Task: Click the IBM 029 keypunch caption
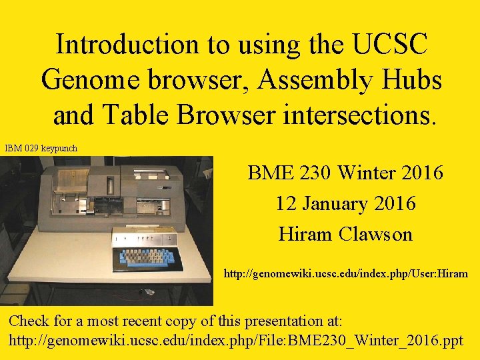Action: (41, 148)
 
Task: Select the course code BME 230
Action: (289, 173)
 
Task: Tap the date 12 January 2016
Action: (345, 203)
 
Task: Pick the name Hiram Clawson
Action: (345, 234)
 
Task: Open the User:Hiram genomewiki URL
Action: (345, 273)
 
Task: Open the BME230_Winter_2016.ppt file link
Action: (235, 340)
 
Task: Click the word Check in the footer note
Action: (30, 321)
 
